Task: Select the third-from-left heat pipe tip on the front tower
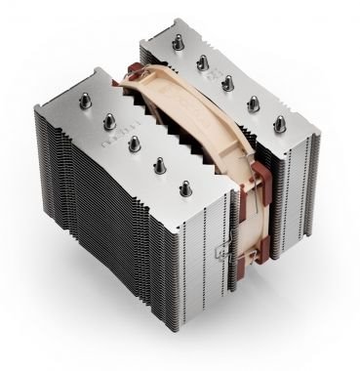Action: tap(133, 143)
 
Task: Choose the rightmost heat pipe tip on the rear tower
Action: tap(281, 122)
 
